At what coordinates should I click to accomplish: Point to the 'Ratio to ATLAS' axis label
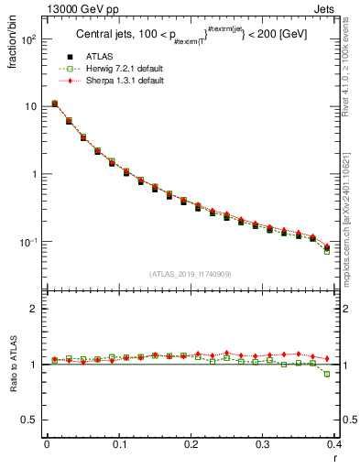[x=12, y=366]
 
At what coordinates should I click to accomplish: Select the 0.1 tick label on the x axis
[x=118, y=446]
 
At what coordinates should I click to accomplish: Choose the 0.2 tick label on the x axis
[x=191, y=446]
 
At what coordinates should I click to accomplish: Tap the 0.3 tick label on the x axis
[x=263, y=446]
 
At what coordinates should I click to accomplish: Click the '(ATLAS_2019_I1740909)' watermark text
[x=191, y=273]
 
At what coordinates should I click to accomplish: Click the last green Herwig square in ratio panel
[x=327, y=374]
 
